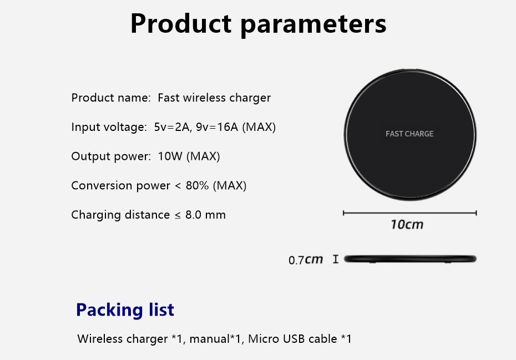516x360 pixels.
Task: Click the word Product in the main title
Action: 181,23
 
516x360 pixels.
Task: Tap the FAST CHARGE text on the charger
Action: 409,134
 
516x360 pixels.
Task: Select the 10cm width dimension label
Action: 407,225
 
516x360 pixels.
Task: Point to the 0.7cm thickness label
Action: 306,260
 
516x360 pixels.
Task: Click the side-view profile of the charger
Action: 410,259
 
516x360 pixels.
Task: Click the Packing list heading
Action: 125,310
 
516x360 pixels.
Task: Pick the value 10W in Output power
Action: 170,156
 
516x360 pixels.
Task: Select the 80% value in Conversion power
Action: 197,185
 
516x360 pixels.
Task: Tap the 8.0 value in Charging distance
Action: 193,215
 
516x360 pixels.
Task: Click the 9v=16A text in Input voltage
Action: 217,126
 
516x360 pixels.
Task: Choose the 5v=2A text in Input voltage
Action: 173,126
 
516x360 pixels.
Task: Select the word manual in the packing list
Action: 209,338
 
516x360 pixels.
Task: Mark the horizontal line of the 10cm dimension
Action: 409,213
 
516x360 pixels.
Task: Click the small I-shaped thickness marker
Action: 335,259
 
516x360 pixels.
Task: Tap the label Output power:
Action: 111,156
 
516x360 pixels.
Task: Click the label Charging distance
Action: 120,215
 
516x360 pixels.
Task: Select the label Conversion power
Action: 121,186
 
